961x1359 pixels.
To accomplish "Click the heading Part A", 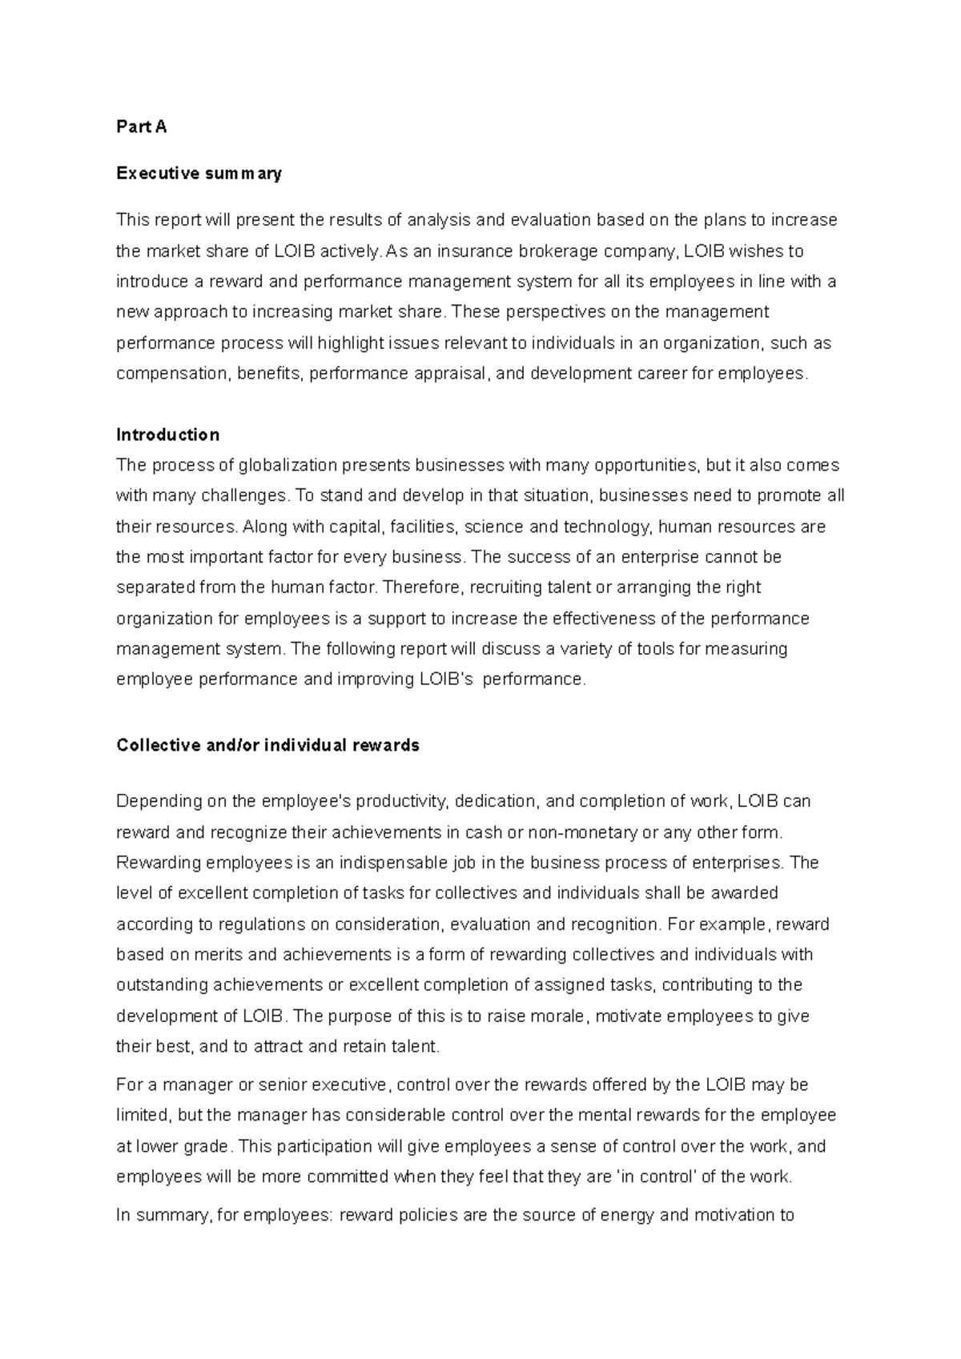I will [x=141, y=127].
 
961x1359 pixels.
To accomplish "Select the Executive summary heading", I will [x=199, y=174].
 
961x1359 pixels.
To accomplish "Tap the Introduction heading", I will [x=167, y=435].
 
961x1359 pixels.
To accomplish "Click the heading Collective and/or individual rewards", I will [x=267, y=745].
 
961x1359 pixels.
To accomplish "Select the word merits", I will [x=222, y=955].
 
